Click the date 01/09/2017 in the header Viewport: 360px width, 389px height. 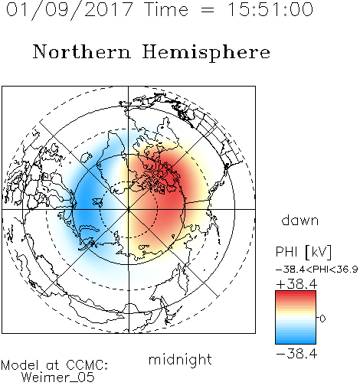point(69,10)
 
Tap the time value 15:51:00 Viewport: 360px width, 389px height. point(270,10)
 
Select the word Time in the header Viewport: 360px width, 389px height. point(166,10)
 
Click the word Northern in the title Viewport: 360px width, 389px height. point(82,52)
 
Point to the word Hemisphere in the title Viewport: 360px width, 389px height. point(206,53)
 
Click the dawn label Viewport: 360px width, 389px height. point(300,220)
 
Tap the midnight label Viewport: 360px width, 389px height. point(180,359)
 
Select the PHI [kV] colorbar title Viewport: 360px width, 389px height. point(303,252)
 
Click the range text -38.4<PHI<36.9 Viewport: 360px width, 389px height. point(317,270)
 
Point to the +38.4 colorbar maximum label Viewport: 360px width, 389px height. point(296,284)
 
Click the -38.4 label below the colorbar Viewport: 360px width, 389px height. point(296,354)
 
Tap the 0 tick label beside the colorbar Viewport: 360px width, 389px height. point(322,319)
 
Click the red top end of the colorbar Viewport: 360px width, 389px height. point(296,293)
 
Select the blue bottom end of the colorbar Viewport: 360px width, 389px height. point(296,342)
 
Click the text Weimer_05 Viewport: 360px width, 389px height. point(57,378)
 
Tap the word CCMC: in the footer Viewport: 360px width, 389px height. point(87,365)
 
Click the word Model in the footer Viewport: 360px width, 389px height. point(20,365)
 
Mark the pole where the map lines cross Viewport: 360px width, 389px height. point(129,209)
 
